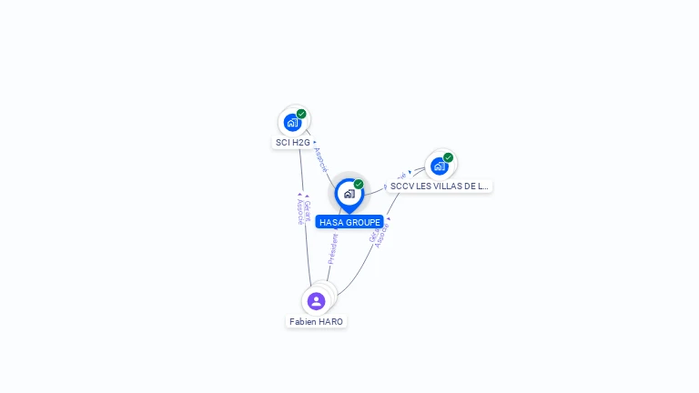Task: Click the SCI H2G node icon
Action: pyautogui.click(x=292, y=122)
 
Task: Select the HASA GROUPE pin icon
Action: pyautogui.click(x=349, y=194)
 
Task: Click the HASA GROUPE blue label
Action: pyautogui.click(x=349, y=222)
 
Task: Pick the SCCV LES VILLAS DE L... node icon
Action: pyautogui.click(x=440, y=166)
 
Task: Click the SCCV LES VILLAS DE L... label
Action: pyautogui.click(x=439, y=186)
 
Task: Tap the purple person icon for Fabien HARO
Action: pyautogui.click(x=316, y=301)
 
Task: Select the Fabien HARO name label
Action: pyautogui.click(x=316, y=321)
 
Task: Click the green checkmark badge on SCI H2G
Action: pyautogui.click(x=301, y=114)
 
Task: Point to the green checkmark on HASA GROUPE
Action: pyautogui.click(x=359, y=185)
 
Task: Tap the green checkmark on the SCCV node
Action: pyautogui.click(x=448, y=157)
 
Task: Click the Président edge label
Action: pyautogui.click(x=333, y=248)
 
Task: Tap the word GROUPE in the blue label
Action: pyautogui.click(x=363, y=222)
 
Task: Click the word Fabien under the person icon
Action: pyautogui.click(x=303, y=321)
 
